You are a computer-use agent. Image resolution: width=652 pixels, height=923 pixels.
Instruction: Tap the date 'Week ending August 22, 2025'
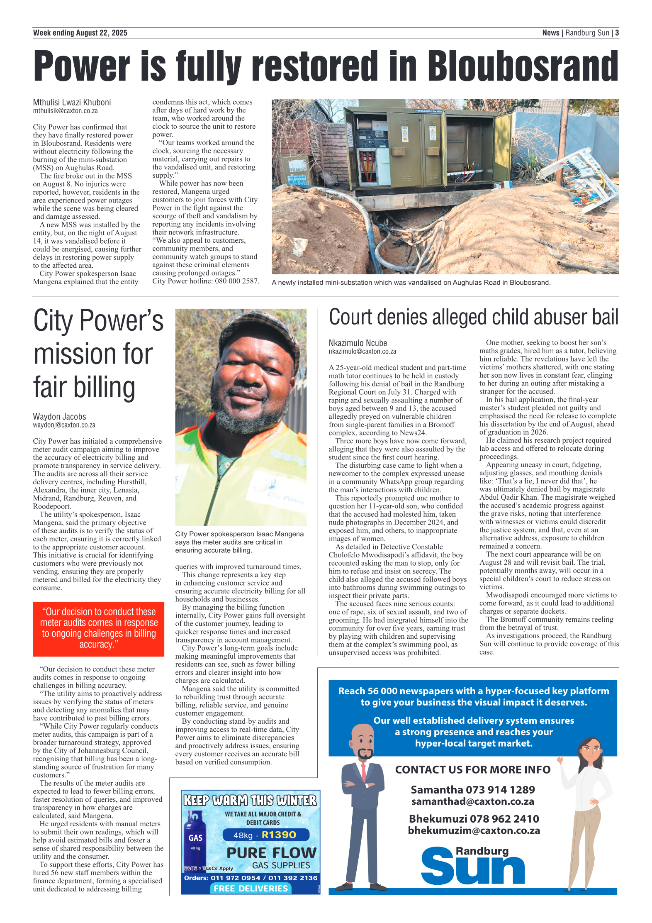coord(80,33)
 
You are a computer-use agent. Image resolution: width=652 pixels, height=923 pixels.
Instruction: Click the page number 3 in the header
coord(617,33)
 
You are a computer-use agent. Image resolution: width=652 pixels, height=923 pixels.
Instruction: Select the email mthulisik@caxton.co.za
coord(65,111)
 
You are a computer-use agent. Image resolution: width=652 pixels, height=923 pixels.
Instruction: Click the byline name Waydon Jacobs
coord(59,416)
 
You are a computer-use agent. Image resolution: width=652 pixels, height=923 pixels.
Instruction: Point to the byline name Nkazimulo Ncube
coord(358,343)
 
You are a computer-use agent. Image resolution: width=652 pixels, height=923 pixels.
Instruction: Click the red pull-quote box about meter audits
coord(98,628)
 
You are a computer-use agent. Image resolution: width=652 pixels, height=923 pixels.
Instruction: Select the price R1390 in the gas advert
coord(279,835)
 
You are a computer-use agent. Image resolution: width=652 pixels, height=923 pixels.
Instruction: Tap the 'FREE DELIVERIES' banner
coord(251,888)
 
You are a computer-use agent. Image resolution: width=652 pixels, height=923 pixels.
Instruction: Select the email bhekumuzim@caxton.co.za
coord(474,830)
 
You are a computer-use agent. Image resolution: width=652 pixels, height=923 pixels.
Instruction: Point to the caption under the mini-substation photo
coord(411,283)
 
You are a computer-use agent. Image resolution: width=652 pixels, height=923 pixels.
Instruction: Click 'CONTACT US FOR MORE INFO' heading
coord(472,769)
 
